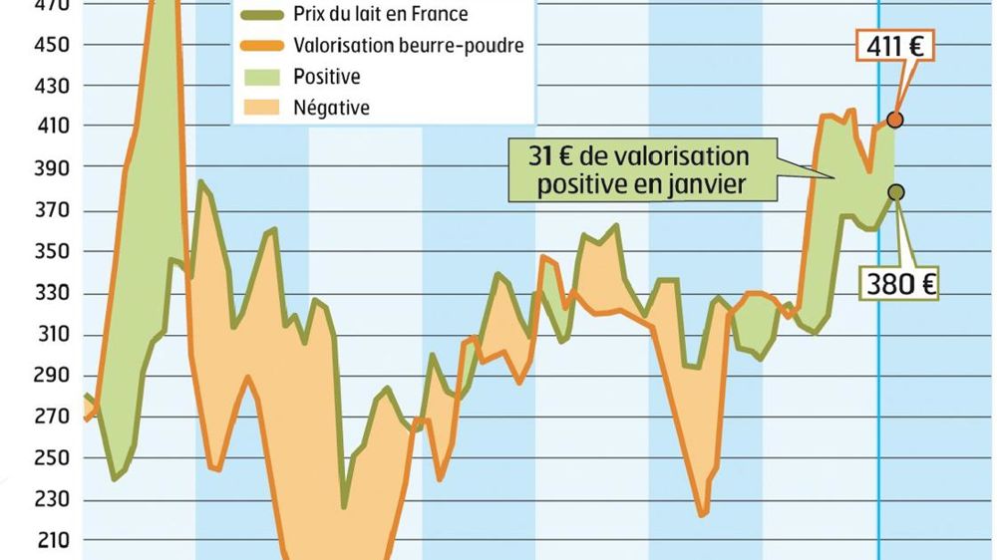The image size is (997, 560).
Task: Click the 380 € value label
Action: (899, 284)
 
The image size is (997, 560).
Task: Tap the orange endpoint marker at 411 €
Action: (895, 120)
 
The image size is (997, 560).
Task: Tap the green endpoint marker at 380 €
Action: (896, 192)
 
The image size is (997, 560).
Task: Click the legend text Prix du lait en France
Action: (381, 15)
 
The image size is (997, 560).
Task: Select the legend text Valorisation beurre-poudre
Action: (409, 46)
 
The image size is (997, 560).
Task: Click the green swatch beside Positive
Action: (263, 77)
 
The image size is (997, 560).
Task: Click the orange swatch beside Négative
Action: (263, 108)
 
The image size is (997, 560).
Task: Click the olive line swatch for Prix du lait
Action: (263, 15)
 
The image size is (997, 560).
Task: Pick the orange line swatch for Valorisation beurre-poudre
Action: (263, 46)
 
